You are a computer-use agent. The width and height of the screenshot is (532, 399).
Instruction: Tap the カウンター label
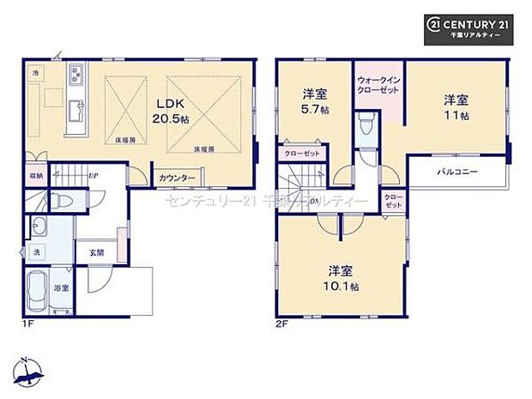coord(177,178)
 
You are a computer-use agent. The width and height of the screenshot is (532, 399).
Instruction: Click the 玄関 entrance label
coord(96,252)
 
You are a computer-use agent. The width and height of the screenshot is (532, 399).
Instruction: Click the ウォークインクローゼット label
coord(378,85)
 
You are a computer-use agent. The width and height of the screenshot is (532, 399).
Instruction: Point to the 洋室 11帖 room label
coord(456,105)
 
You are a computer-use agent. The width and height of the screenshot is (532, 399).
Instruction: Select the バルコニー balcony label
coord(456,172)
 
